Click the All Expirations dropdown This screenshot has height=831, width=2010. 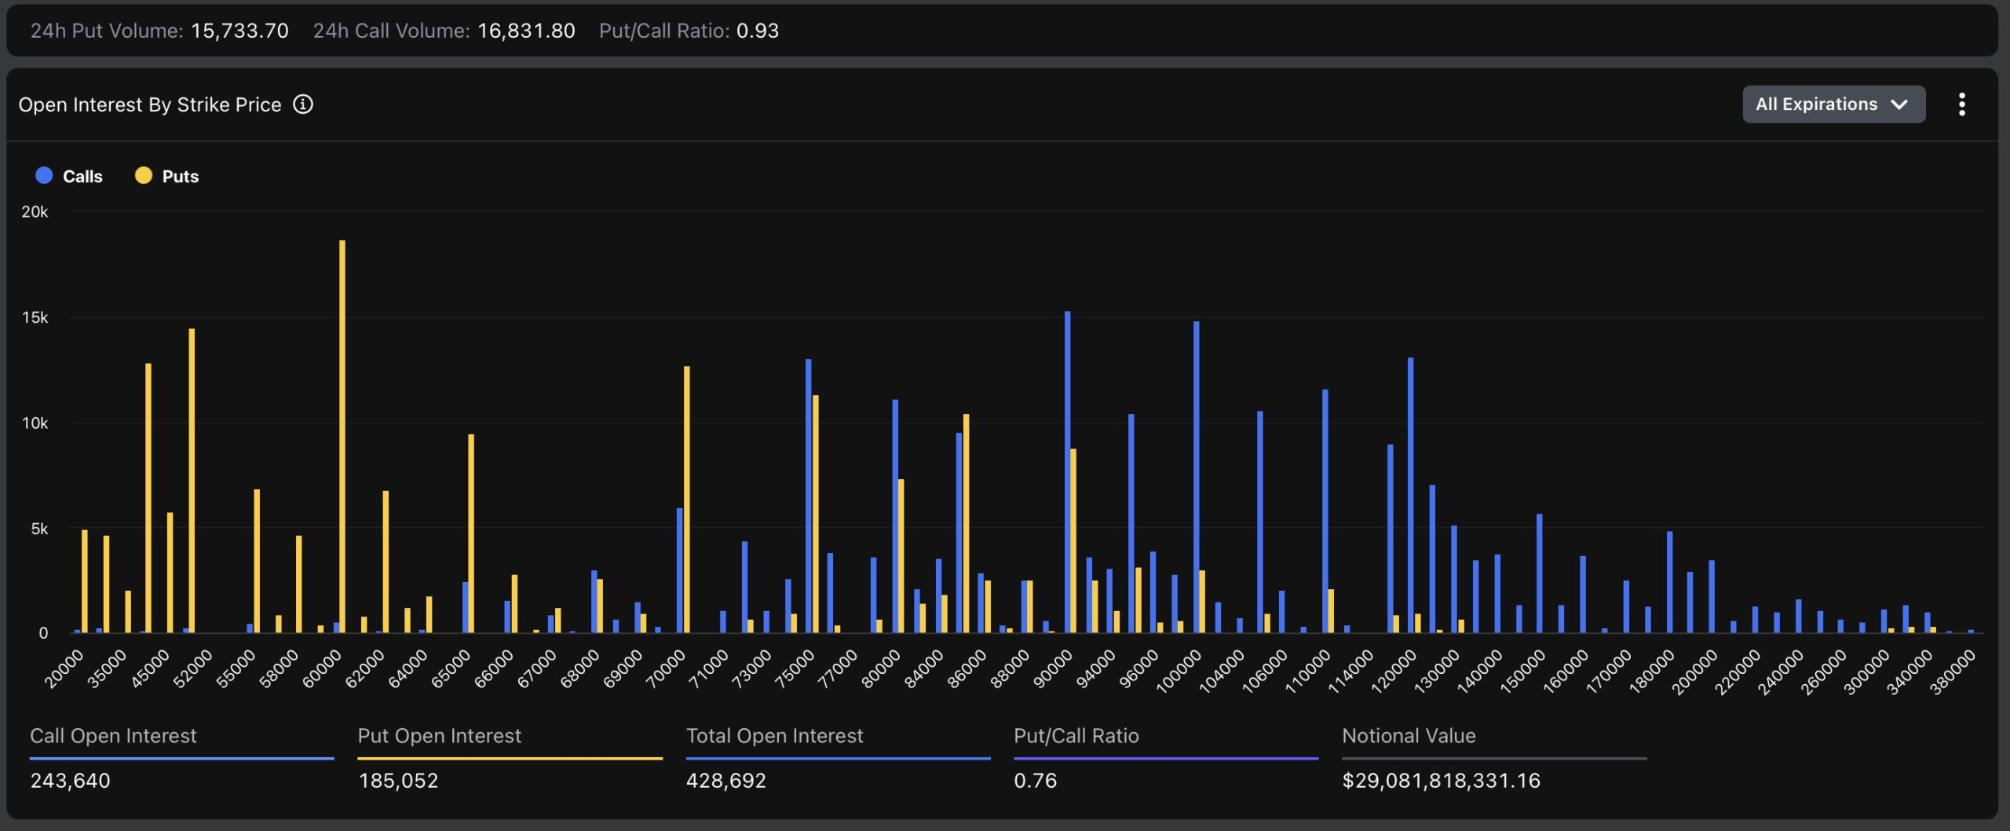coord(1833,104)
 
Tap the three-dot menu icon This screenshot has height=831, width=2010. coord(1961,104)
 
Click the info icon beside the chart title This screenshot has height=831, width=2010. coord(303,104)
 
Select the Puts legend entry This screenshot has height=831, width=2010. coord(167,176)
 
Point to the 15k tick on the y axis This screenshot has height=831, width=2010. coord(35,317)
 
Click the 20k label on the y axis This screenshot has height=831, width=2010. coord(35,212)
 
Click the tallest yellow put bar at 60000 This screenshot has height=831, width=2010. coord(342,436)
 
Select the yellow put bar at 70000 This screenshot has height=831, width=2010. coord(687,499)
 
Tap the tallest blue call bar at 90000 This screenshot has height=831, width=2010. coord(1067,471)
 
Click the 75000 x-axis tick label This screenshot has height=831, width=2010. coord(795,669)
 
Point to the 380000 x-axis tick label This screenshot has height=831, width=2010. coord(1953,672)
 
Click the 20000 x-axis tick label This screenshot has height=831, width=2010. coord(64,669)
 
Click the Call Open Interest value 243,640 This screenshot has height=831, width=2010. coord(70,781)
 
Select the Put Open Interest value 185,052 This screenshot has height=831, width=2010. coord(398,781)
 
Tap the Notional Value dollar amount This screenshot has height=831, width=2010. coord(1441,781)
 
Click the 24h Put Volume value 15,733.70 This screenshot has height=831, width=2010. coord(239,31)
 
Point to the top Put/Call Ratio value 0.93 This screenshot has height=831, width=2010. coord(757,31)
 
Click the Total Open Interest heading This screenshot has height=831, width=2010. coord(774,736)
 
